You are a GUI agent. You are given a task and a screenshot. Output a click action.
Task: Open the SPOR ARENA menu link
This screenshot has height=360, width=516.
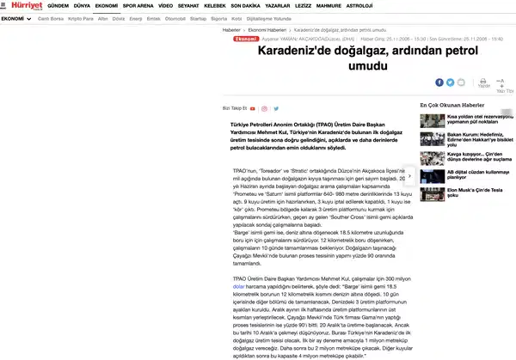click(138, 5)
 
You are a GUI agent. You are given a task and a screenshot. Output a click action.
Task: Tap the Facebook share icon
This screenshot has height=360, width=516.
click(439, 82)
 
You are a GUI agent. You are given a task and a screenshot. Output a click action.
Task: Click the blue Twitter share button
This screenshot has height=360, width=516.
click(449, 82)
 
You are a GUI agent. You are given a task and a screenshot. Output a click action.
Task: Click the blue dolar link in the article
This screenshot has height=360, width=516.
click(228, 285)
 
